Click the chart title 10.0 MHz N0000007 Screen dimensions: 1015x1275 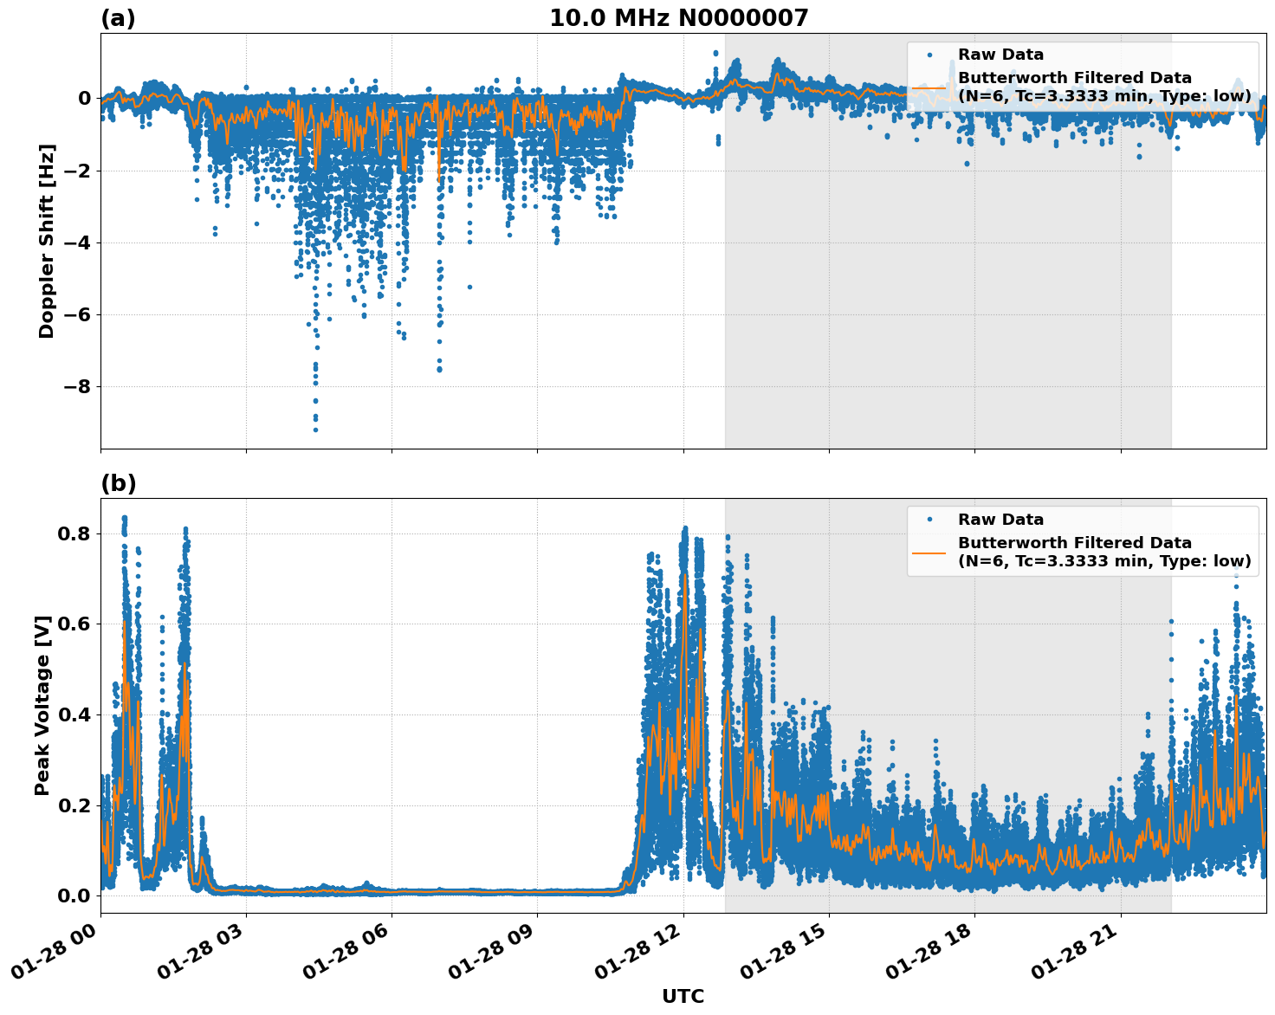point(678,18)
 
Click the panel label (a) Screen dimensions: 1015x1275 point(118,18)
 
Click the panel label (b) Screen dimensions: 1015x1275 point(118,483)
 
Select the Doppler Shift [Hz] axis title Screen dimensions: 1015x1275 point(47,241)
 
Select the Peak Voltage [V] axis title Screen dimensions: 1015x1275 point(42,705)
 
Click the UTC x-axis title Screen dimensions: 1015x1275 point(683,996)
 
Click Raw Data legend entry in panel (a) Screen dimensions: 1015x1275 point(1000,55)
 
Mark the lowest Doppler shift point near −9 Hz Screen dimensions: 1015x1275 point(315,430)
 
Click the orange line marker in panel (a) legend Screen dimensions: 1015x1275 point(929,87)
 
